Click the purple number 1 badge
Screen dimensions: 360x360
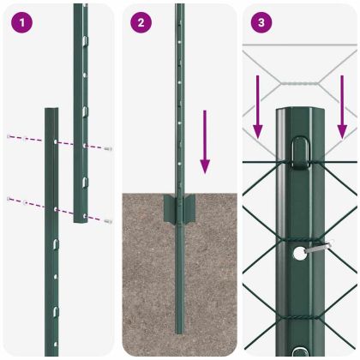click(x=21, y=23)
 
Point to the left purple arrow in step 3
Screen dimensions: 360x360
click(x=257, y=107)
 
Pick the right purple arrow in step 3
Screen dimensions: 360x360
click(x=342, y=107)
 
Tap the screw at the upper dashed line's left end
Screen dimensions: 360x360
click(x=9, y=135)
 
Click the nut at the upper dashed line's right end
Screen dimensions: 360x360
click(x=108, y=149)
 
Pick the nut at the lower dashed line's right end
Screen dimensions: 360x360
click(x=109, y=221)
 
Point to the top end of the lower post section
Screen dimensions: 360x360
click(x=51, y=111)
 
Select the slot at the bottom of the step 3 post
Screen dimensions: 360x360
click(x=299, y=352)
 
